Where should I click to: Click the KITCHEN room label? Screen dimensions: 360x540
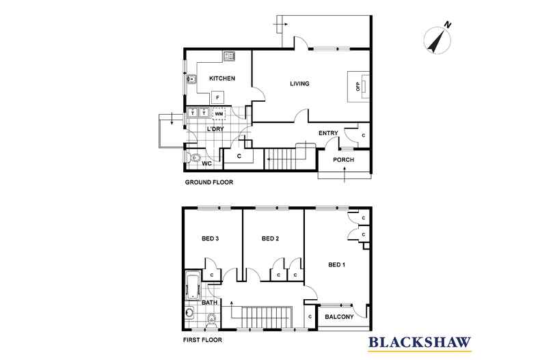pos(222,79)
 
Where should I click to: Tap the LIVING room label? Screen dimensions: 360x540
pos(299,84)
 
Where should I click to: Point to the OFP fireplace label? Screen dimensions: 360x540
pos(357,87)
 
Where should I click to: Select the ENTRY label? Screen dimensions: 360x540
pos(329,133)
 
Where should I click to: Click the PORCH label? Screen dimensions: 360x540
pos(343,161)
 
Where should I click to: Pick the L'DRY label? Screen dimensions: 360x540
pos(216,130)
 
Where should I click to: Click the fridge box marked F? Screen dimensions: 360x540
pos(217,98)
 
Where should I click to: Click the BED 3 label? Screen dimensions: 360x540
pos(210,239)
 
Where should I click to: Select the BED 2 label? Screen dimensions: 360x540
pos(271,239)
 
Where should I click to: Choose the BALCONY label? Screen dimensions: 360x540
pos(338,317)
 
